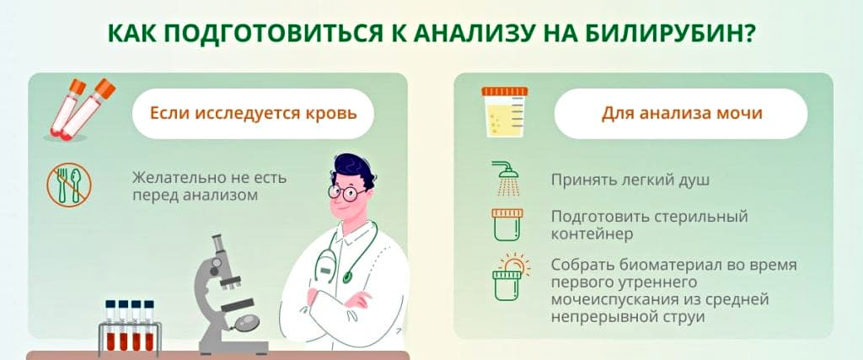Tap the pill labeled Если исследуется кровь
click(x=253, y=114)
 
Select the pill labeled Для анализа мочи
click(x=681, y=114)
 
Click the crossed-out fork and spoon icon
click(x=69, y=185)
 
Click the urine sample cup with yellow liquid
click(x=504, y=112)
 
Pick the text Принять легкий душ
click(x=630, y=180)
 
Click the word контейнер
click(x=592, y=234)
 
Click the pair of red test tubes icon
click(x=81, y=108)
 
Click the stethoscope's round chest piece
click(x=348, y=277)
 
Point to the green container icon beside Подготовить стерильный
click(x=507, y=224)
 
